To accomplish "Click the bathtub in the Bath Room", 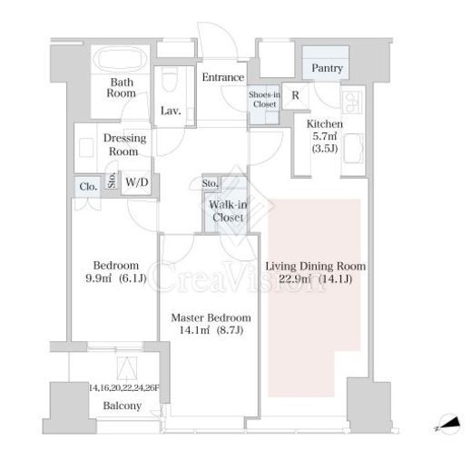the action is pyautogui.click(x=120, y=59).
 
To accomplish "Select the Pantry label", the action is pyautogui.click(x=327, y=68).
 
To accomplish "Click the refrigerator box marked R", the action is pyautogui.click(x=295, y=95).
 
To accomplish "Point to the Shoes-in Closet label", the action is pyautogui.click(x=264, y=100).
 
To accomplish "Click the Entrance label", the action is pyautogui.click(x=223, y=77).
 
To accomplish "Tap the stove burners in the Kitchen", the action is pyautogui.click(x=351, y=102).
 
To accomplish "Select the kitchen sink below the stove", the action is pyautogui.click(x=353, y=149).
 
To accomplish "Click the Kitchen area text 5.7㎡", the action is pyautogui.click(x=324, y=136).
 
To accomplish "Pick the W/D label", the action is pyautogui.click(x=137, y=182).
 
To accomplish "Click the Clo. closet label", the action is pyautogui.click(x=88, y=187).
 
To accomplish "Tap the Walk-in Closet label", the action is pyautogui.click(x=228, y=211).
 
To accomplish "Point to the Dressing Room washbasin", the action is pyautogui.click(x=86, y=148).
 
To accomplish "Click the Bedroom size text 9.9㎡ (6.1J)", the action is pyautogui.click(x=116, y=278).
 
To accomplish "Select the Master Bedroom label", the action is pyautogui.click(x=211, y=317).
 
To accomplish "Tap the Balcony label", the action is pyautogui.click(x=123, y=405).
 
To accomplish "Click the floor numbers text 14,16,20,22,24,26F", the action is pyautogui.click(x=124, y=388).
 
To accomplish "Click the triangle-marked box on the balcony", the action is pyautogui.click(x=127, y=368).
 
